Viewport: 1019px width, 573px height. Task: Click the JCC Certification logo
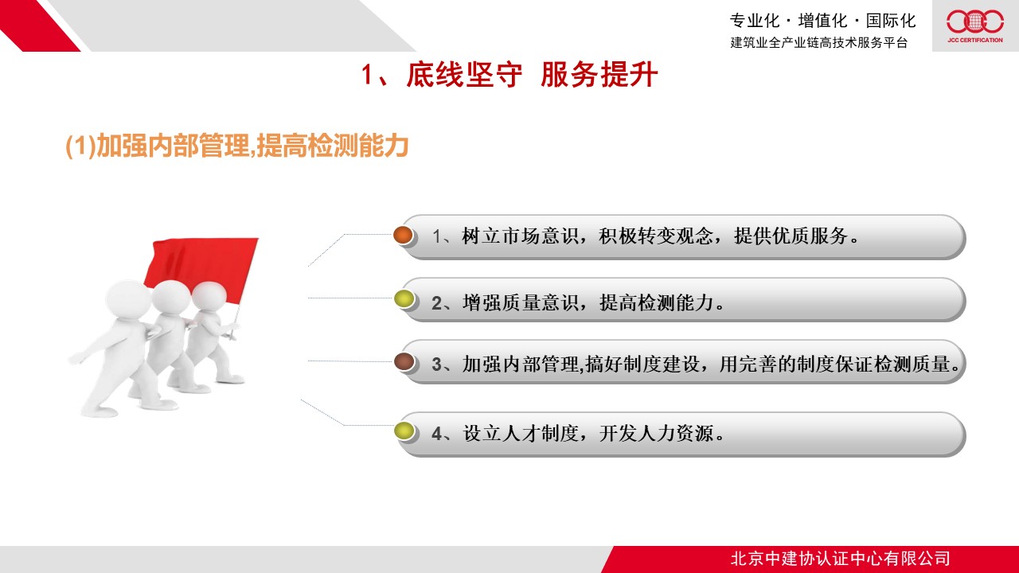(x=975, y=26)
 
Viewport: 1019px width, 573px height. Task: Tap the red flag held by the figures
(x=201, y=268)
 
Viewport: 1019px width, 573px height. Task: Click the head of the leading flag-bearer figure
(x=209, y=296)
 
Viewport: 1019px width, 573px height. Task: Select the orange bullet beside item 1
(x=403, y=235)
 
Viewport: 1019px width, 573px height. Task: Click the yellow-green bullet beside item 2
(x=404, y=298)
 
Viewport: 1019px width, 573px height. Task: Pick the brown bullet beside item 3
(x=404, y=362)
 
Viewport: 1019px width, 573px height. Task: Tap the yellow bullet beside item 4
(x=404, y=431)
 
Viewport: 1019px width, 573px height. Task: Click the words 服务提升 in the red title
(x=599, y=75)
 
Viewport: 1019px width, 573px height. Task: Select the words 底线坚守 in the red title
(x=464, y=75)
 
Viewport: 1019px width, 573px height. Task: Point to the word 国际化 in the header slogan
(x=890, y=21)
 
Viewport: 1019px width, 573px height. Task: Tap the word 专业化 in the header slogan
(x=755, y=21)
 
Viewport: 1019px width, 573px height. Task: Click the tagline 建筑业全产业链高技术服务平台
(x=819, y=42)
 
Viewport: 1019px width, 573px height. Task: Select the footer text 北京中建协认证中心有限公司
(x=840, y=559)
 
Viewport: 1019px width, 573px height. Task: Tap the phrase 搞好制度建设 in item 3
(x=642, y=364)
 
